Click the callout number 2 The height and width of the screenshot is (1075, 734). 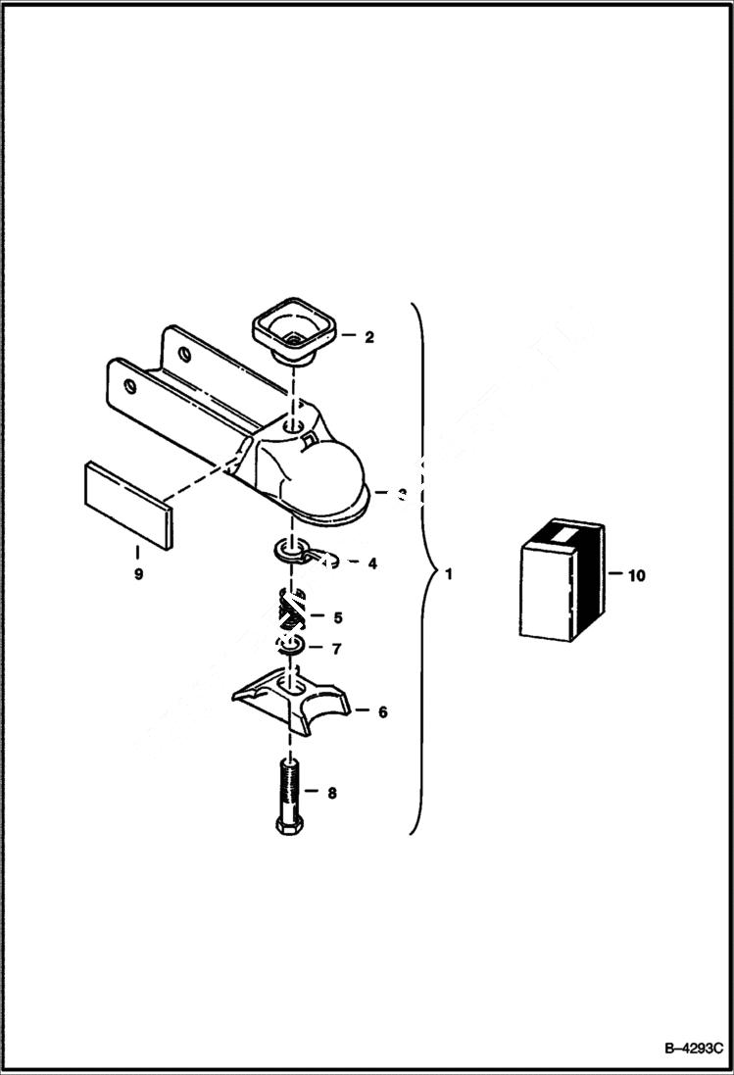pyautogui.click(x=368, y=338)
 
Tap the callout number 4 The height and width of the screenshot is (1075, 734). pyautogui.click(x=372, y=563)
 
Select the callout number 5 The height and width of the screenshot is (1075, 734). pyautogui.click(x=337, y=617)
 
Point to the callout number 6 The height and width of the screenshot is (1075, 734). pyautogui.click(x=382, y=711)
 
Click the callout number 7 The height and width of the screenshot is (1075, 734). pyautogui.click(x=336, y=649)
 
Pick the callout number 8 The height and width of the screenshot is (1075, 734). pyautogui.click(x=331, y=793)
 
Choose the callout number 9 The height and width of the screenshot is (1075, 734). pyautogui.click(x=138, y=574)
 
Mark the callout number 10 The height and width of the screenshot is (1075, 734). pyautogui.click(x=636, y=576)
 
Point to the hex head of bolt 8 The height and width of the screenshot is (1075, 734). pyautogui.click(x=288, y=825)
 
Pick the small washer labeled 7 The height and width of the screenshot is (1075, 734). pyautogui.click(x=290, y=647)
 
